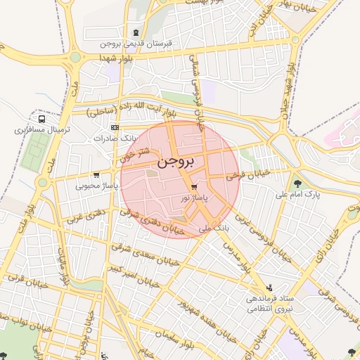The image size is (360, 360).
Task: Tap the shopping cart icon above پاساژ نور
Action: tap(194, 187)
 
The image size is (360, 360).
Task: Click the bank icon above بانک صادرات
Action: tap(115, 127)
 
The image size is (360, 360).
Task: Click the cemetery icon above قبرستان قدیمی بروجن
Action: tap(136, 33)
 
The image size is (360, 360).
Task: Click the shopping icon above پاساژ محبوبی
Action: tap(96, 174)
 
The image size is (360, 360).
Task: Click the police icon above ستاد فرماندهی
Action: tap(269, 288)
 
